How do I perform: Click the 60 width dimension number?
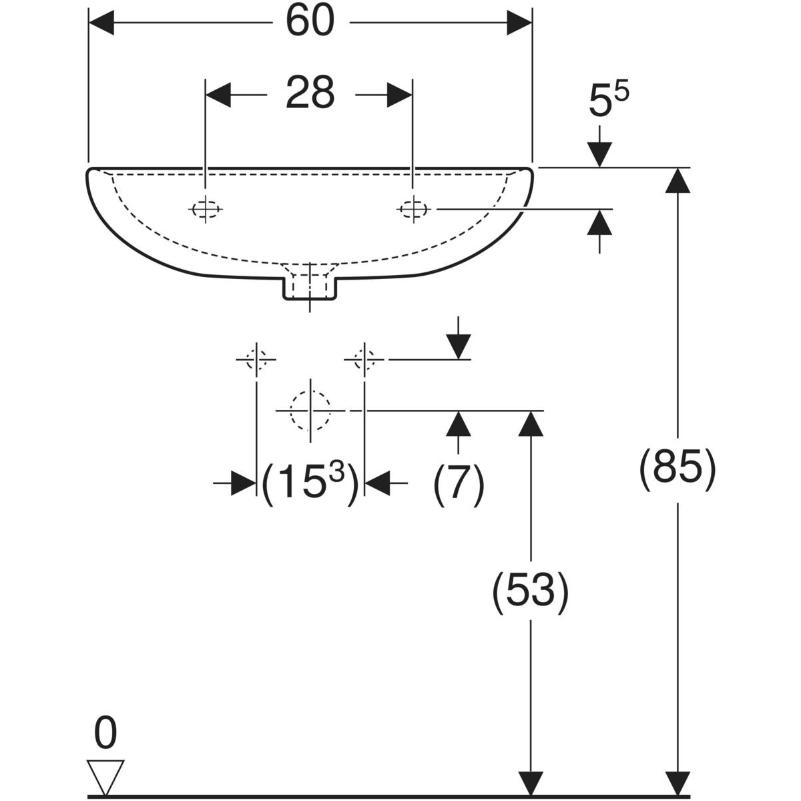pos(310,22)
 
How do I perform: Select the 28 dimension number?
pos(310,94)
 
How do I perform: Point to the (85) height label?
pos(678,469)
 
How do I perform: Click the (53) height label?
pos(530,591)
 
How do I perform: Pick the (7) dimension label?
pos(459,482)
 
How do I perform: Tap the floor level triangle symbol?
pos(105,777)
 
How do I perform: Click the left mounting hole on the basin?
pos(206,209)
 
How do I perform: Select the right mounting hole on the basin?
pos(413,209)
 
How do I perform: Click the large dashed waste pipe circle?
pos(310,410)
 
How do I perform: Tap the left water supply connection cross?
pos(256,359)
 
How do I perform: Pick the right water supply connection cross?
pos(364,359)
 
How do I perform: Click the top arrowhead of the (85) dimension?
pos(678,180)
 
